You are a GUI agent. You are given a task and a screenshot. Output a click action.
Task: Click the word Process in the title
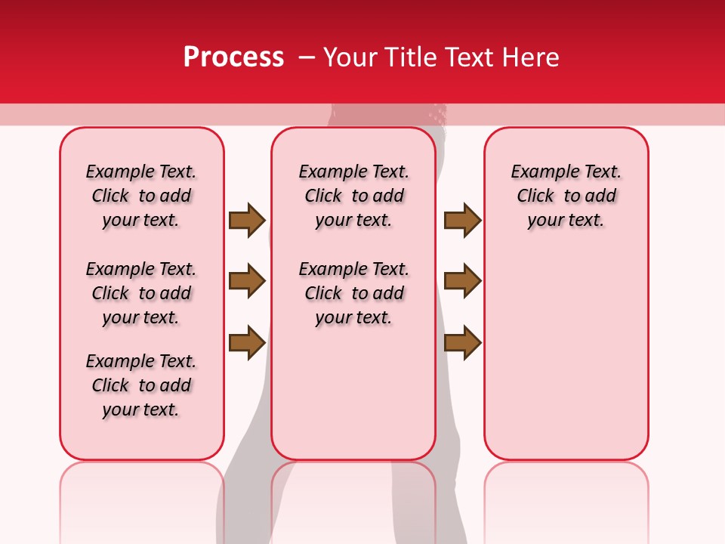(233, 57)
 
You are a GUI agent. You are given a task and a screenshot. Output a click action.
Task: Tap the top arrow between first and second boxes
(247, 220)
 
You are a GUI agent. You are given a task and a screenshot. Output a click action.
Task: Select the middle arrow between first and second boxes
(247, 281)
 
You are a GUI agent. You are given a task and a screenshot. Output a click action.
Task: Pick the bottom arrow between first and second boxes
(247, 342)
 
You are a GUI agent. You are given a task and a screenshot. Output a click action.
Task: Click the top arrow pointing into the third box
(462, 220)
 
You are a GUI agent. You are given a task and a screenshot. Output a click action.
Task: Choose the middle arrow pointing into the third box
(462, 281)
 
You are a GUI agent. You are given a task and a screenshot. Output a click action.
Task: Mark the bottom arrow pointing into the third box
(462, 342)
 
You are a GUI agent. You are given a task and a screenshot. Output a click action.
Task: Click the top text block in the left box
(141, 196)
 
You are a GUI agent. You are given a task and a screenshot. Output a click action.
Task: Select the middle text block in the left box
(141, 293)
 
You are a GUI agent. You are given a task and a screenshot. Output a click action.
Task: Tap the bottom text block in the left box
(141, 385)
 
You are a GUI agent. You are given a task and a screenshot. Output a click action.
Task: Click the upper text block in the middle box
(353, 196)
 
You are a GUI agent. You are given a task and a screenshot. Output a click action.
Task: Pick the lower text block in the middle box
(353, 293)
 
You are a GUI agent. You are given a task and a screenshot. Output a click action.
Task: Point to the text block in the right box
(566, 196)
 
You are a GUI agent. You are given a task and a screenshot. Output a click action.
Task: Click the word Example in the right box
(539, 172)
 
